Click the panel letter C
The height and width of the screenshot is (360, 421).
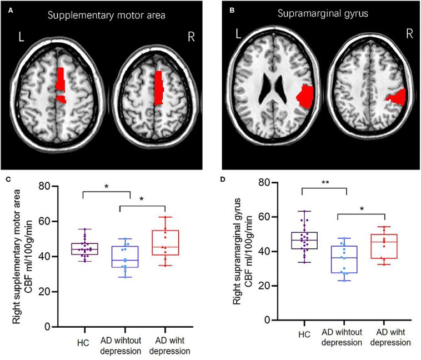tap(6, 179)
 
